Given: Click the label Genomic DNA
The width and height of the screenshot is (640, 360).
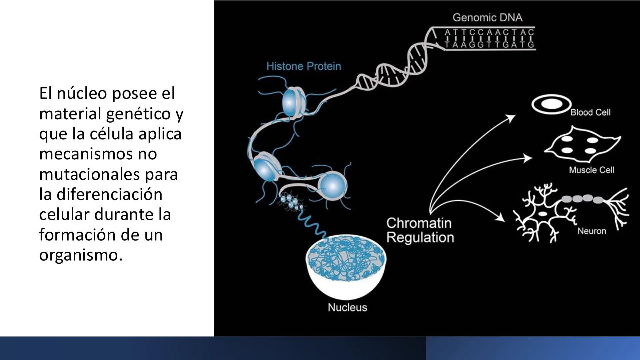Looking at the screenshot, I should tap(487, 18).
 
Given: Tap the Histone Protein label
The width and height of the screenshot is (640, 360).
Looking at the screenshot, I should tap(304, 66).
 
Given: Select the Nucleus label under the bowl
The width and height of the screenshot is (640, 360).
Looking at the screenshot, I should tap(347, 307).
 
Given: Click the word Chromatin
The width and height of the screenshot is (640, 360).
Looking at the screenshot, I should tap(419, 223).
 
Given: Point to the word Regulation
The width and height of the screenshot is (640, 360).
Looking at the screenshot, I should tap(420, 238).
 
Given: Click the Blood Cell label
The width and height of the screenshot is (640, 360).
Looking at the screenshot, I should tap(590, 112).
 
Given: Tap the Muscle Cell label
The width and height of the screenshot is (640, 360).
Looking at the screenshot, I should tap(591, 170).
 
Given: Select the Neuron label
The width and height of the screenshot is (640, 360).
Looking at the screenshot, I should tap(592, 231).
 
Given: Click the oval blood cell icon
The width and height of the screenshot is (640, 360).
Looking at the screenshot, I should tap(551, 104).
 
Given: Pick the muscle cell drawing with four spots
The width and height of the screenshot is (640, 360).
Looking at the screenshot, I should tap(582, 145).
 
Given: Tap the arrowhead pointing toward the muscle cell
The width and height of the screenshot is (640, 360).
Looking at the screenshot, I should tap(527, 158).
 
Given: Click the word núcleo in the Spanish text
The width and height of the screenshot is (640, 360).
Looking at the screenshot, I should tap(82, 93).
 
